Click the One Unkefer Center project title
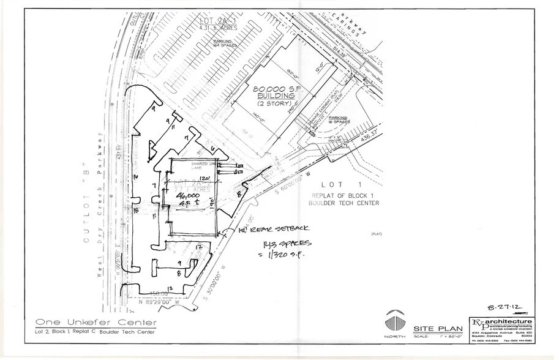tap(96, 322)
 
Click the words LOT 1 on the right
tap(333, 184)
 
